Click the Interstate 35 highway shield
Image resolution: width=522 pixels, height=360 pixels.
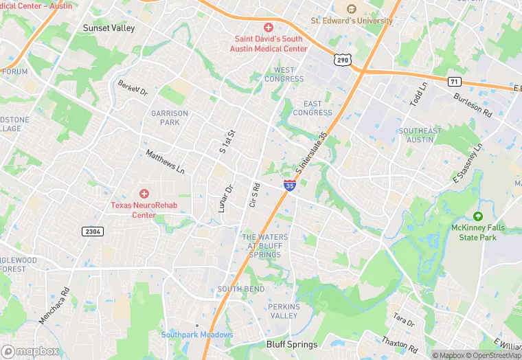click(x=290, y=184)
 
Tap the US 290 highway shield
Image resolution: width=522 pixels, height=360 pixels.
click(x=342, y=60)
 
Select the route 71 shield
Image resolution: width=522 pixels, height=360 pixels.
click(x=454, y=81)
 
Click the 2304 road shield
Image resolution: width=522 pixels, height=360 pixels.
click(x=93, y=232)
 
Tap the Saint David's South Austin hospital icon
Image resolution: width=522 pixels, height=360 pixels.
click(x=269, y=27)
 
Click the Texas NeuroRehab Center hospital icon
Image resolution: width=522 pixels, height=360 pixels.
click(x=144, y=194)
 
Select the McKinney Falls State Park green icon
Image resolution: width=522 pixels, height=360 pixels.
click(x=478, y=216)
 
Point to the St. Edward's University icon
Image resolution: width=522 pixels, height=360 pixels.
click(x=352, y=9)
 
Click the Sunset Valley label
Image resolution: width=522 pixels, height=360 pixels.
click(x=109, y=28)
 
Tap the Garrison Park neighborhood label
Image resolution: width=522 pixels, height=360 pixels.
click(x=170, y=117)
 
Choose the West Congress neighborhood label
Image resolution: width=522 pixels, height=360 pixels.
click(x=284, y=74)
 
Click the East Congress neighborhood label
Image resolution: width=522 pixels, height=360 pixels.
click(x=313, y=108)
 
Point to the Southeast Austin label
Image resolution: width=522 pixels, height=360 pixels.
click(x=420, y=135)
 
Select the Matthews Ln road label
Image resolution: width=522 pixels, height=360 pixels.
click(x=165, y=161)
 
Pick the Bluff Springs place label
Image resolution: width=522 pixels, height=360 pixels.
click(x=292, y=344)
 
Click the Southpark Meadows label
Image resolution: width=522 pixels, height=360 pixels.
click(x=197, y=335)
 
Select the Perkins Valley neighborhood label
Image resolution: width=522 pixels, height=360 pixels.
click(x=284, y=310)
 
